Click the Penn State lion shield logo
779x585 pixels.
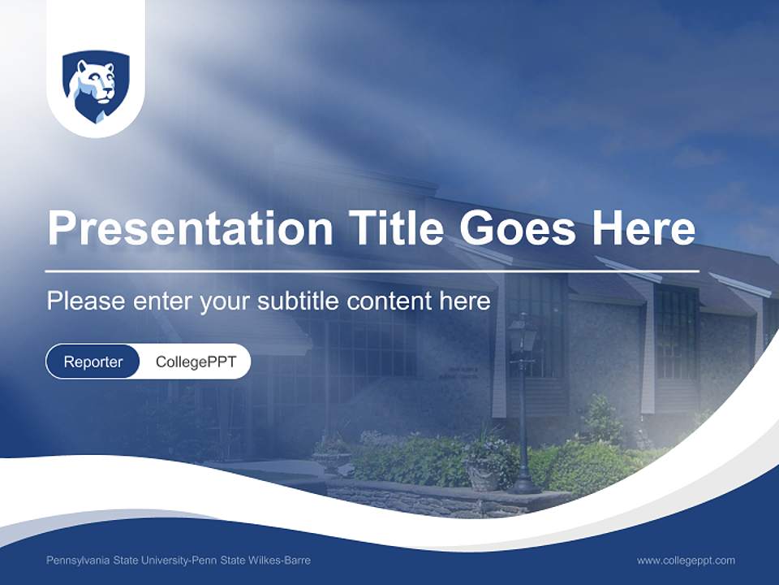[96, 86]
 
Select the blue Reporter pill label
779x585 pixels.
[93, 362]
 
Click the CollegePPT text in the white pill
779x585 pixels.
[196, 362]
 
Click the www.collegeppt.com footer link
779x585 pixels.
[686, 561]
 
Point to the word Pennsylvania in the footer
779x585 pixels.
[78, 561]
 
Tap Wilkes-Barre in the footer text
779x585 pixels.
[281, 561]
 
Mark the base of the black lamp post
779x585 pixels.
[524, 485]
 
